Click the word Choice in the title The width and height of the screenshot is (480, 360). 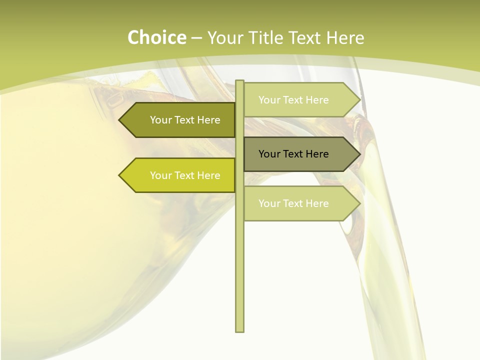[x=156, y=37]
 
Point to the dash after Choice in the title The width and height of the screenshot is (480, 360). [x=196, y=38]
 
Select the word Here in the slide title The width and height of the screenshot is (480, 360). [x=345, y=37]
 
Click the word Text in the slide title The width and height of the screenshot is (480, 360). [x=306, y=37]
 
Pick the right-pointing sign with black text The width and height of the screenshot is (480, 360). [x=297, y=154]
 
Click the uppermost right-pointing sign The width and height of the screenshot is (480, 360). [x=297, y=99]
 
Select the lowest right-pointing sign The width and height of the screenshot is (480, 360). [x=297, y=203]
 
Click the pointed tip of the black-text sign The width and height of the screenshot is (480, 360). [x=359, y=154]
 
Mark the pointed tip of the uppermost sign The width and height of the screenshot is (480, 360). [x=359, y=99]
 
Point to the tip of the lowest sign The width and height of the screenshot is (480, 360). [x=359, y=203]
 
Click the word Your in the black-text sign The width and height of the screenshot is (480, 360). [x=269, y=154]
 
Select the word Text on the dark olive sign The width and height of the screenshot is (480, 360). [x=185, y=120]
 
